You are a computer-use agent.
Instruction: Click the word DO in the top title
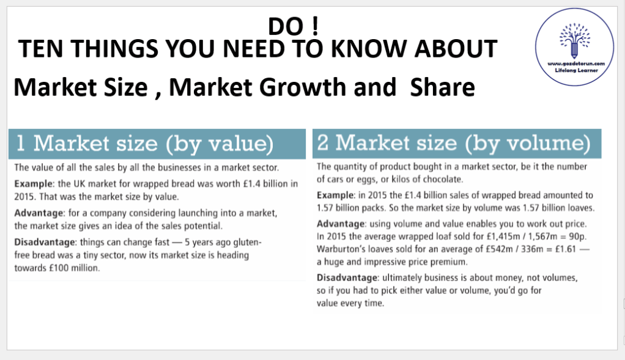pyautogui.click(x=286, y=27)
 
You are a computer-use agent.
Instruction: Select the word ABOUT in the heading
pyautogui.click(x=456, y=48)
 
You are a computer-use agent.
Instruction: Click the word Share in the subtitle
pyautogui.click(x=442, y=87)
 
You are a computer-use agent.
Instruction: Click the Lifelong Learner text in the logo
pyautogui.click(x=576, y=70)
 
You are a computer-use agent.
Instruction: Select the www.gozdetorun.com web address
pyautogui.click(x=576, y=64)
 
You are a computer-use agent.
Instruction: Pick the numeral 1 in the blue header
pyautogui.click(x=21, y=144)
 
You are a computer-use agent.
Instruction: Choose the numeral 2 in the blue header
pyautogui.click(x=323, y=142)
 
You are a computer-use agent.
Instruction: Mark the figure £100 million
pyautogui.click(x=74, y=268)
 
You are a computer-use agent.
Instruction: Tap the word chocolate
pyautogui.click(x=442, y=179)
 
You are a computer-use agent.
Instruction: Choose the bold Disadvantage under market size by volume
pyautogui.click(x=347, y=278)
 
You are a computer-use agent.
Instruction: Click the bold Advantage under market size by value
pyautogui.click(x=39, y=213)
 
